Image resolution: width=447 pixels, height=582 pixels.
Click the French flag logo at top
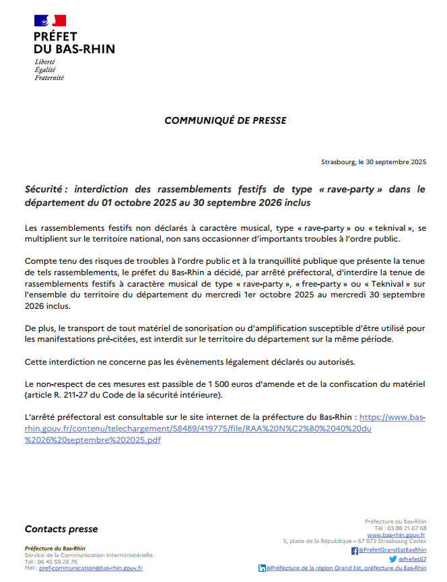click(50, 20)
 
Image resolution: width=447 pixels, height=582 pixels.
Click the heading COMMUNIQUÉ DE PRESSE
click(226, 120)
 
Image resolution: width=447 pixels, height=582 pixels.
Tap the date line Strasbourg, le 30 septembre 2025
click(374, 162)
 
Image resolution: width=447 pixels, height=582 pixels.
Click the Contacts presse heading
click(61, 530)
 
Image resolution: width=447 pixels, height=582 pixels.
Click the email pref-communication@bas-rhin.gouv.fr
click(91, 568)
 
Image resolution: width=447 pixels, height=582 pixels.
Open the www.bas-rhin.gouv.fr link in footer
click(397, 535)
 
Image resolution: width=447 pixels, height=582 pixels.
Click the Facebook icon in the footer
click(355, 550)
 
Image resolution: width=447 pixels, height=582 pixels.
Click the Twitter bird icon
click(392, 559)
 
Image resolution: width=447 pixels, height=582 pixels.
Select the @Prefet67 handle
click(412, 559)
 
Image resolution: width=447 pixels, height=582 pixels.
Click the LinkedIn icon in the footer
click(262, 569)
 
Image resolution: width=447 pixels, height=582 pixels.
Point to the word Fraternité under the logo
click(49, 77)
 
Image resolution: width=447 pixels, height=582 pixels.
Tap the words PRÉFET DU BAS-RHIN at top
click(74, 42)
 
